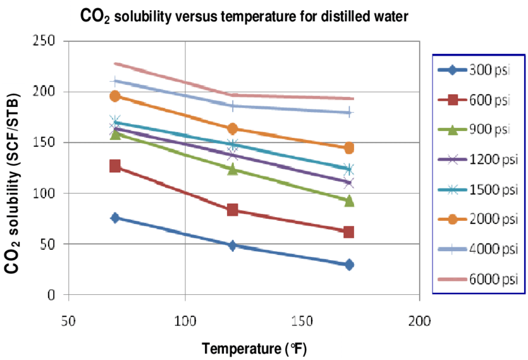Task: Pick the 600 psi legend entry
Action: [479, 99]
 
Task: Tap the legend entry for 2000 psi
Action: [479, 219]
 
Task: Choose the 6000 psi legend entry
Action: [479, 278]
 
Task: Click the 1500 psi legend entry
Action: [479, 189]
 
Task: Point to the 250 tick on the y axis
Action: [49, 41]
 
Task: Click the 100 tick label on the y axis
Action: [49, 193]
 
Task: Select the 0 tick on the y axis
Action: [55, 295]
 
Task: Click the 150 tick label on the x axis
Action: [302, 320]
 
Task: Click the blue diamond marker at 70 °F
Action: [115, 218]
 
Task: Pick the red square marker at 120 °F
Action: [232, 210]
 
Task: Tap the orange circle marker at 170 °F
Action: [348, 148]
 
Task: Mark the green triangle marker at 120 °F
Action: [232, 169]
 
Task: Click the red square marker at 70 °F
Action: [115, 166]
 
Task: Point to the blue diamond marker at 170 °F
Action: [348, 264]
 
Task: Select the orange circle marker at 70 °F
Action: [115, 96]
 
